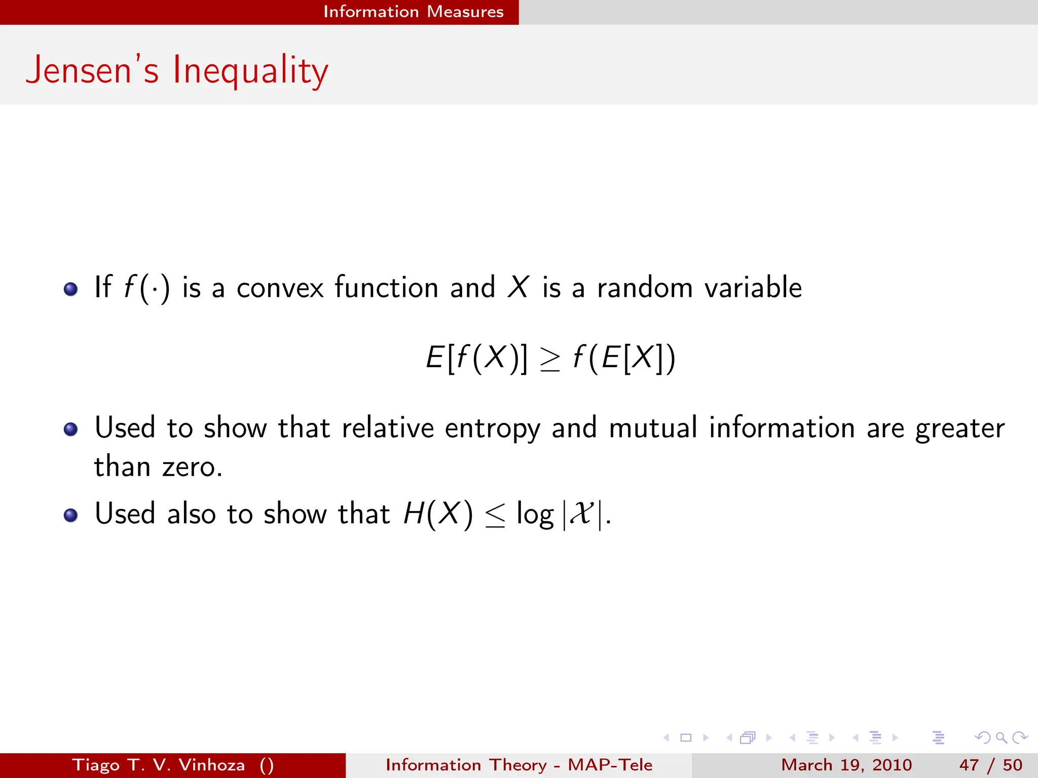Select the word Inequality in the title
tap(250, 71)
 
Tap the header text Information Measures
tap(413, 12)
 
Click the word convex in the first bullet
tap(280, 288)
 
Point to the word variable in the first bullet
tap(753, 288)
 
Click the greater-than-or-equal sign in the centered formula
tap(550, 360)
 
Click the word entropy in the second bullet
tap(492, 429)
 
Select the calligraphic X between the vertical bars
tap(581, 514)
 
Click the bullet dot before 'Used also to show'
tap(70, 516)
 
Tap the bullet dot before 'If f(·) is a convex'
tap(70, 289)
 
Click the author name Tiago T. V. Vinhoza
tap(158, 765)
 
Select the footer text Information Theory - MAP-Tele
tap(518, 765)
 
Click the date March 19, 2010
tap(846, 765)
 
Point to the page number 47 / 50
tap(990, 765)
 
